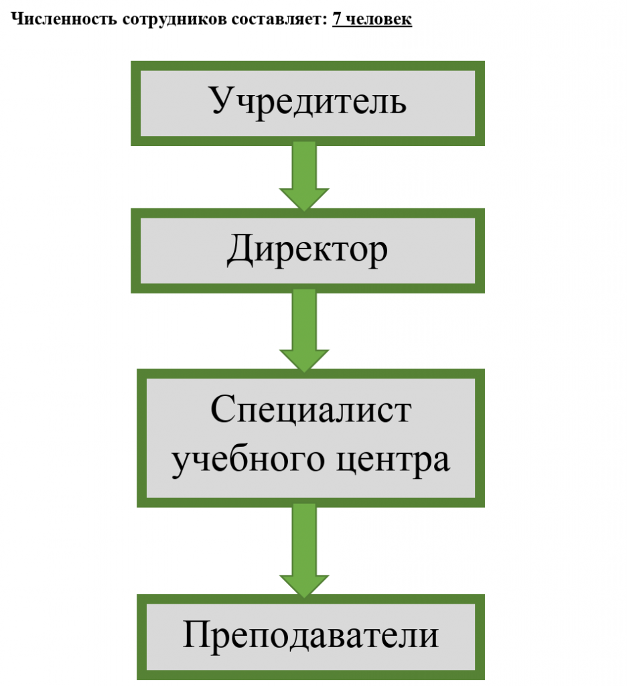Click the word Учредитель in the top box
[x=307, y=102]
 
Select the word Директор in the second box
[x=307, y=251]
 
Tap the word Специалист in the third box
[x=310, y=410]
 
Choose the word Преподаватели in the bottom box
[x=310, y=635]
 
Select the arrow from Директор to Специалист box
[x=305, y=328]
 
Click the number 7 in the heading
[x=336, y=19]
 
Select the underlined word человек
[x=378, y=19]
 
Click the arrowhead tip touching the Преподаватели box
[x=305, y=595]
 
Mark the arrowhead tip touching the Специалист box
[x=305, y=369]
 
